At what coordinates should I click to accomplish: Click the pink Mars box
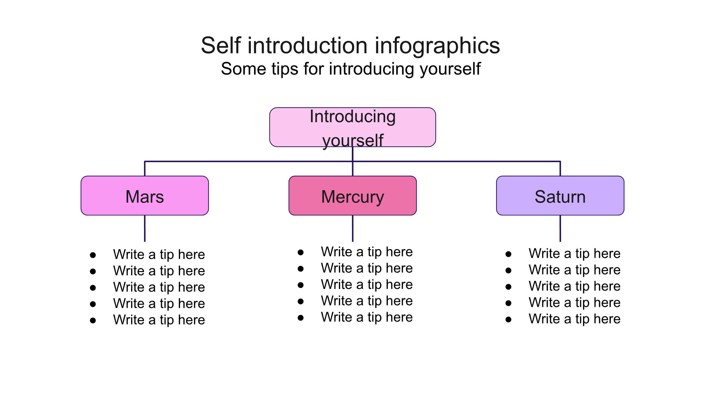(145, 196)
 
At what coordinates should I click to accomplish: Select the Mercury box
(352, 196)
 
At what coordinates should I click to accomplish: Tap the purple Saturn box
(560, 196)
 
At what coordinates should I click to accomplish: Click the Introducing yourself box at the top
(352, 127)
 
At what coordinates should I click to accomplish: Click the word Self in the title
(221, 45)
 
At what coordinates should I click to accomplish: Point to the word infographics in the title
(437, 46)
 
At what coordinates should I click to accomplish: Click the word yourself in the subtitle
(450, 69)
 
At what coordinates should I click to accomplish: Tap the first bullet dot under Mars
(93, 255)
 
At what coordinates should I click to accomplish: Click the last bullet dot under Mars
(93, 321)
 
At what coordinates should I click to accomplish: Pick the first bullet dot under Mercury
(301, 252)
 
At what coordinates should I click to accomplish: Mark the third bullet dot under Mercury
(301, 285)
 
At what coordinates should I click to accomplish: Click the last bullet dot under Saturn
(509, 319)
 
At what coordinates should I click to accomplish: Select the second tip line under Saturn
(574, 270)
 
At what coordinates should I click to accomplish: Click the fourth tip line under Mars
(159, 304)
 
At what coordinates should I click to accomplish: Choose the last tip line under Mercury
(367, 317)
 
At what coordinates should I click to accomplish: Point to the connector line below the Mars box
(145, 228)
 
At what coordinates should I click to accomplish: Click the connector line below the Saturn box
(560, 228)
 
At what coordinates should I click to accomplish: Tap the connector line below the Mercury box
(352, 228)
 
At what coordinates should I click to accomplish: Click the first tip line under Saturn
(574, 254)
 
